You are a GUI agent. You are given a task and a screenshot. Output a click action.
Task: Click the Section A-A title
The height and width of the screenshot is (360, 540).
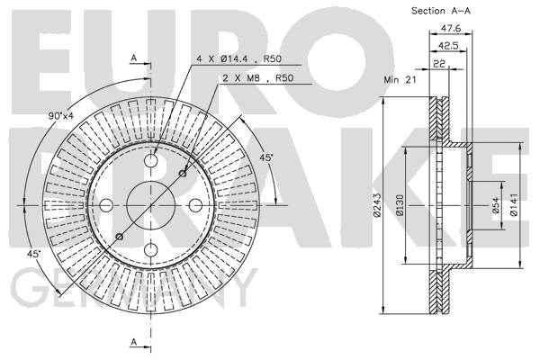pyautogui.click(x=442, y=11)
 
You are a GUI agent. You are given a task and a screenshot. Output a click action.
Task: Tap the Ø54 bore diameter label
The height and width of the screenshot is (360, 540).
pyautogui.click(x=494, y=210)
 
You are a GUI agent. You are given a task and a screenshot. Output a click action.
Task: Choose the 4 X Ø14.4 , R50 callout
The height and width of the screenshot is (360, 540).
pyautogui.click(x=232, y=58)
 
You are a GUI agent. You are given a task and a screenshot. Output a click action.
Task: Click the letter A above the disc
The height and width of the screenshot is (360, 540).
pyautogui.click(x=133, y=58)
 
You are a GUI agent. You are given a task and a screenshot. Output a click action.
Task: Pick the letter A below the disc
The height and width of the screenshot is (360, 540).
pyautogui.click(x=133, y=342)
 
